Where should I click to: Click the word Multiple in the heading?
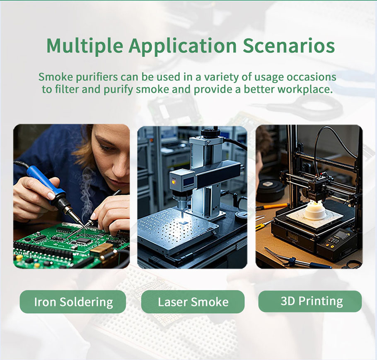coord(85,46)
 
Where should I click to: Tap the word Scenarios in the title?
coord(288,46)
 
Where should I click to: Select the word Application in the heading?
coord(183,46)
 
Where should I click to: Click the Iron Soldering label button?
coord(72,302)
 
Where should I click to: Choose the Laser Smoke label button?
coord(193,302)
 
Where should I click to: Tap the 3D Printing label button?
coord(310,301)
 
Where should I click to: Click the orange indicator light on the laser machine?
coord(173,182)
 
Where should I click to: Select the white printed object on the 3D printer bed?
coord(315,211)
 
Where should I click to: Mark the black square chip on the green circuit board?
coord(83,240)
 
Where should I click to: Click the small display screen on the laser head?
coord(188,181)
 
